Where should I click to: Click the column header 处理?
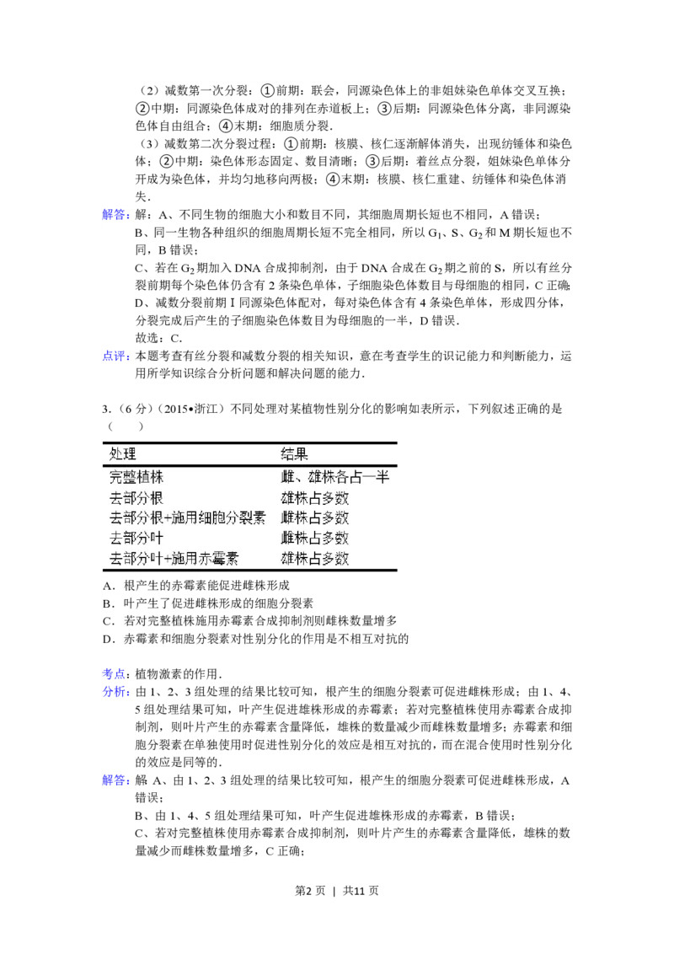[123, 453]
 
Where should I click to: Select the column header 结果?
[295, 453]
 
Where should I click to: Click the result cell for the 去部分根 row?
[315, 498]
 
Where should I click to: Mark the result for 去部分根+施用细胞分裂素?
[315, 518]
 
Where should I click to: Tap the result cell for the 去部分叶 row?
[315, 539]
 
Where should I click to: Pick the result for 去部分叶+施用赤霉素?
[315, 559]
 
